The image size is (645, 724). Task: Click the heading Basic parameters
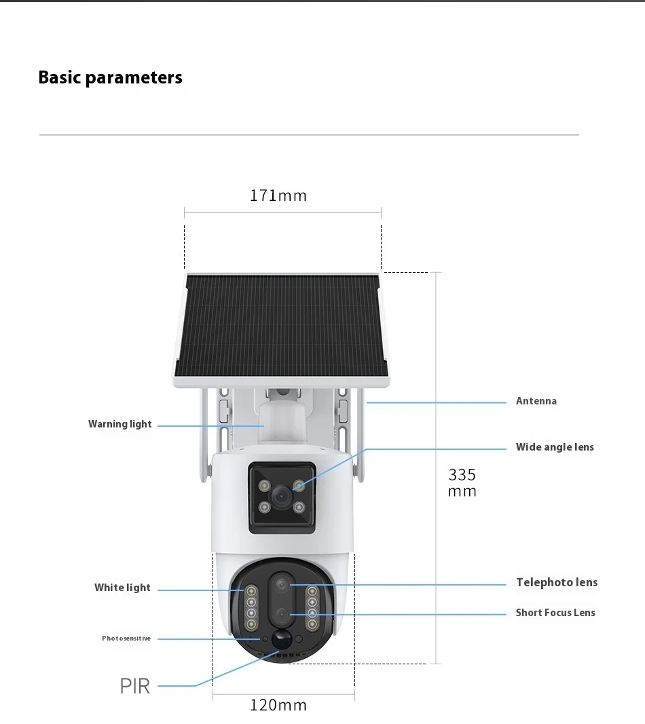pos(110,77)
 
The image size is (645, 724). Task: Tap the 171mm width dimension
pos(278,196)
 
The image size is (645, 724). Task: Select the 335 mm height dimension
pos(462,482)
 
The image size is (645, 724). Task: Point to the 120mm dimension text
pos(278,706)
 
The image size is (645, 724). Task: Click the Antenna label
pos(536,401)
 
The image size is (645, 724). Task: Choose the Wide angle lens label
pos(555,447)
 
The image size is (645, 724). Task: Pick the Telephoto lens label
pos(557,582)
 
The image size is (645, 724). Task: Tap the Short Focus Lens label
pos(555,613)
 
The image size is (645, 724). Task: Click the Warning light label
pos(120,424)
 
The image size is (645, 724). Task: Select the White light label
pos(122,588)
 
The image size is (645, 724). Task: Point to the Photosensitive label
pos(126,639)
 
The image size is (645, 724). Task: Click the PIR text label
pos(134,686)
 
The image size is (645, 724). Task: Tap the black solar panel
pos(279,326)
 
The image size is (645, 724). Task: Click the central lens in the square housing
pos(281,497)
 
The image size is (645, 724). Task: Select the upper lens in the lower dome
pos(281,584)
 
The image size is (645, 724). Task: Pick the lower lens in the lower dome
pos(281,615)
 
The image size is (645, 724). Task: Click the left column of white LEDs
pos(251,607)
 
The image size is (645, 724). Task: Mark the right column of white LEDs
pos(312,607)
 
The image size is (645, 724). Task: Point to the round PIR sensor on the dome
pos(280,639)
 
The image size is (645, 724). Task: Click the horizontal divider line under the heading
pos(309,135)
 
